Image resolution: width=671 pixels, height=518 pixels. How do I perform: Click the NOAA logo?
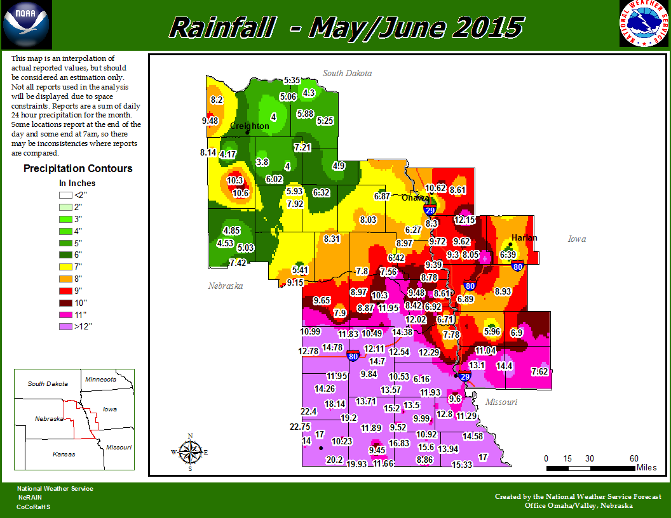click(25, 23)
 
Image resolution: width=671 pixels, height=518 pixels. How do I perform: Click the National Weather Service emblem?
click(644, 24)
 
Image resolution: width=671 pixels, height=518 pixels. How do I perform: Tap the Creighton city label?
click(249, 126)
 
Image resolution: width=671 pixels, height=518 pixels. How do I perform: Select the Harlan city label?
click(524, 238)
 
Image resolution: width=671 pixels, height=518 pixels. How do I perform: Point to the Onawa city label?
click(415, 197)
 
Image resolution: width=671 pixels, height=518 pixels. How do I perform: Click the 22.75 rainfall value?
click(300, 427)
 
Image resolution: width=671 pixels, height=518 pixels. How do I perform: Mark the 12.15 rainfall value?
click(465, 220)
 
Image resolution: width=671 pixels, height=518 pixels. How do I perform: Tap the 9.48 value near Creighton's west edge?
click(210, 121)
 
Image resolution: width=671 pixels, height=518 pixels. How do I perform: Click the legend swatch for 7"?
click(65, 267)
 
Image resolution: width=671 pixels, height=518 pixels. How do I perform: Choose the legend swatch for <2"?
click(65, 195)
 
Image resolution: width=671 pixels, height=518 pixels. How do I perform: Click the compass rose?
click(189, 452)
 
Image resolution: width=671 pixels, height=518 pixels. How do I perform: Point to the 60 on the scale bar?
click(634, 458)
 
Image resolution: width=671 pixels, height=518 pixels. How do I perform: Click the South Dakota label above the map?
click(347, 74)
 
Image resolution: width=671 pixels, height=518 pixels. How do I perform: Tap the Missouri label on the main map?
click(501, 402)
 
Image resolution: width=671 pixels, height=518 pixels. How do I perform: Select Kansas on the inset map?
click(64, 454)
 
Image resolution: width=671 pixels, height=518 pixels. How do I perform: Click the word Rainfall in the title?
click(222, 28)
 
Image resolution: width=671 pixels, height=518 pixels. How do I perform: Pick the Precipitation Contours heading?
click(78, 168)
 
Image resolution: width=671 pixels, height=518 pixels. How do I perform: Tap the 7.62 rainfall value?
click(539, 371)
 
